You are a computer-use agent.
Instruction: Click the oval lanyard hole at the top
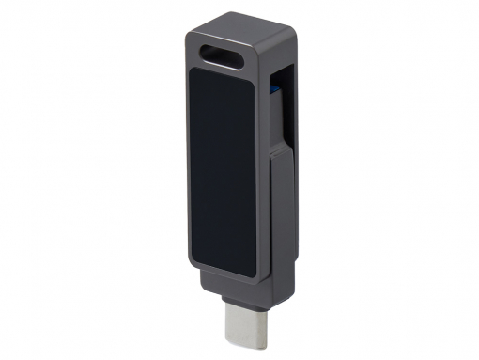point(223,53)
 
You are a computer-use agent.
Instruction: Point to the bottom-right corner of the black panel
point(253,274)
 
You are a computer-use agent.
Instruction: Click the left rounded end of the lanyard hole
point(206,51)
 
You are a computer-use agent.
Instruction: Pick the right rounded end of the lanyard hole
point(240,55)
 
